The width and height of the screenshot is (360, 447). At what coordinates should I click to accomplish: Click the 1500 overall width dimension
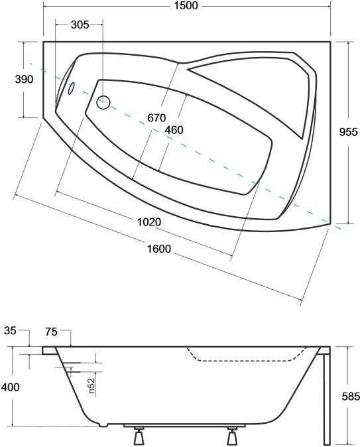click(186, 5)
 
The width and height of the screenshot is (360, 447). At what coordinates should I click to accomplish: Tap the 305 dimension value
click(80, 25)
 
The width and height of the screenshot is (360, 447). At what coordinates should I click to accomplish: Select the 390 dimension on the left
click(25, 79)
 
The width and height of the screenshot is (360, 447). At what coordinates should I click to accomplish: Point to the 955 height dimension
click(348, 132)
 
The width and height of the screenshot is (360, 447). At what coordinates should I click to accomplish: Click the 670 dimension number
click(156, 117)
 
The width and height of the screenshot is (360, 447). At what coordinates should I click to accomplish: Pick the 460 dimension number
click(174, 130)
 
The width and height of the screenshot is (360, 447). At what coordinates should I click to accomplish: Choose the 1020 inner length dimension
click(149, 222)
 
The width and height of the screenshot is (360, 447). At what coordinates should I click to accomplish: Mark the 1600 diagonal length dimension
click(159, 249)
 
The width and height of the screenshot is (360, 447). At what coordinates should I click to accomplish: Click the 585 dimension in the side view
click(351, 396)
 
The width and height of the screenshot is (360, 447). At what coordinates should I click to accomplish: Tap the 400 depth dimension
click(10, 387)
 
